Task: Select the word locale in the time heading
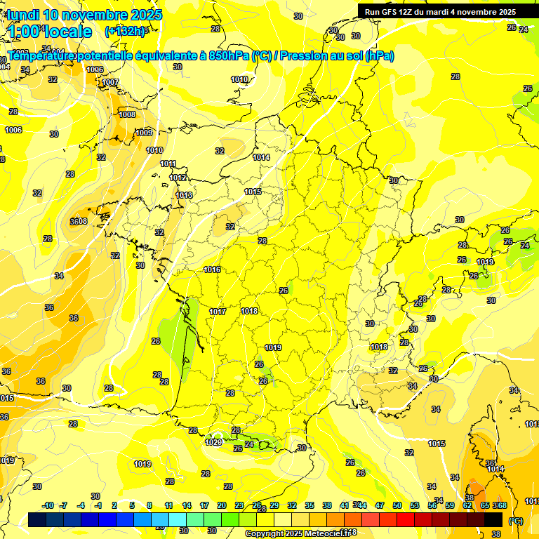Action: pos(65,32)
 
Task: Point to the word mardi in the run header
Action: pos(444,12)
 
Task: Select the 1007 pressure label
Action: pos(111,83)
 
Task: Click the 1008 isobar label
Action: pos(127,114)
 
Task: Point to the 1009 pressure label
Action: pos(144,133)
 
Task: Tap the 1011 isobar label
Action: pos(168,164)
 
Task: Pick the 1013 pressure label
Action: pos(184,195)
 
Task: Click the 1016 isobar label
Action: pos(212,269)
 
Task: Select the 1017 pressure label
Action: pos(218,312)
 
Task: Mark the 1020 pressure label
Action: pos(213,442)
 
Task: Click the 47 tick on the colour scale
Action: pos(380,505)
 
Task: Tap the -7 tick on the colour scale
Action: pos(63,505)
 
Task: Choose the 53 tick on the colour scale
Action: pos(415,505)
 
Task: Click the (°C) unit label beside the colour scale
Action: pos(516,521)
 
